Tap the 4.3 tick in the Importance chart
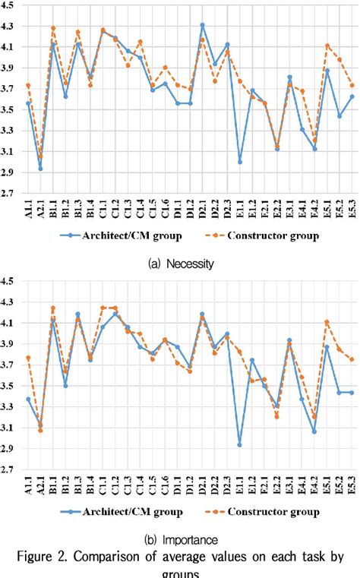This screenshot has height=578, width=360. coord(8,302)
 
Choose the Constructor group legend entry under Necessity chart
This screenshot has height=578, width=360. coord(267,236)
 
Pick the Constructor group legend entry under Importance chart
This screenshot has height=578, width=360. coord(267,511)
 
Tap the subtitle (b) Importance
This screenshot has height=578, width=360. coord(180,540)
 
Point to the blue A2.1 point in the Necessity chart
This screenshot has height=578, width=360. coord(40,169)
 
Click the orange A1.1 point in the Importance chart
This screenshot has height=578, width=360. coord(28,358)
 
